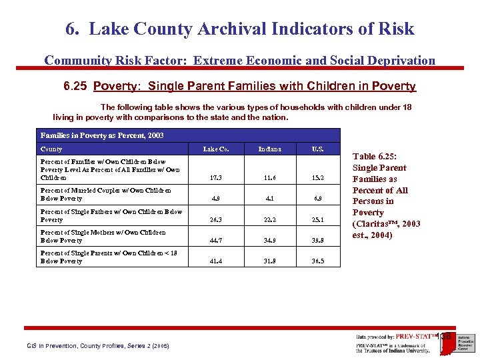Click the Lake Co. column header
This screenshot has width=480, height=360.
[216, 149]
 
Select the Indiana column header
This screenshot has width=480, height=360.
[271, 149]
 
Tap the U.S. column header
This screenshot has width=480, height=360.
[317, 149]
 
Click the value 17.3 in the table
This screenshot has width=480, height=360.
[216, 178]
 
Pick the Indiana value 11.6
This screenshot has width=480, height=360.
[271, 178]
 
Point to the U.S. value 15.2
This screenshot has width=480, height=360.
[317, 178]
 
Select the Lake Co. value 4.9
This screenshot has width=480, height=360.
[216, 198]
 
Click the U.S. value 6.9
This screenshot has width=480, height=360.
[317, 198]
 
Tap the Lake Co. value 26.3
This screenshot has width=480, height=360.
[216, 219]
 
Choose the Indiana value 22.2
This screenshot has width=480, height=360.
[271, 219]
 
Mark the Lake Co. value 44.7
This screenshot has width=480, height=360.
[216, 240]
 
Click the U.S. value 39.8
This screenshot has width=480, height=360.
[317, 240]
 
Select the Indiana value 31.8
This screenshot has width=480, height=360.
[271, 261]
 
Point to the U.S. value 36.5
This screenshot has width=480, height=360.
[317, 261]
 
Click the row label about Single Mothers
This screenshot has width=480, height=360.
[103, 236]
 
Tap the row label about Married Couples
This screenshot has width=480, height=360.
[105, 194]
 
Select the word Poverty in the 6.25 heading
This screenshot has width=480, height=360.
[117, 87]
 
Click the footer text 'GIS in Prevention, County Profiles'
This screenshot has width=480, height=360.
[97, 346]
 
